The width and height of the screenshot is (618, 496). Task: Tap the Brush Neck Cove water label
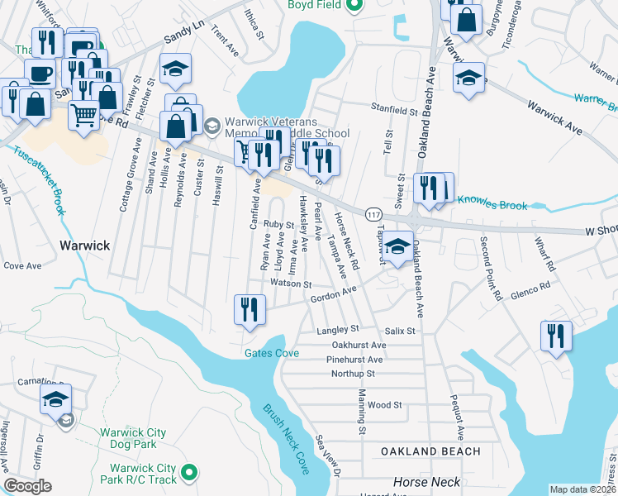[286, 439]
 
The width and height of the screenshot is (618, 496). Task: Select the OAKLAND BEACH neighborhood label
[430, 451]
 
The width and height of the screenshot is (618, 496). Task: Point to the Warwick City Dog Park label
[133, 438]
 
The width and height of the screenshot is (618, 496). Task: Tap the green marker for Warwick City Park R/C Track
[189, 473]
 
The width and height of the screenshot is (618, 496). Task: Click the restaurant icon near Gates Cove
[250, 309]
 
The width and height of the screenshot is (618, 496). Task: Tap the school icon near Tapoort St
[397, 247]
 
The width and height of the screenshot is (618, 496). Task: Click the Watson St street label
[289, 284]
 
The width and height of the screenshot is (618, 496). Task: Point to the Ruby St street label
[278, 224]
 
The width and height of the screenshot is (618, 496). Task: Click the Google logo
[28, 486]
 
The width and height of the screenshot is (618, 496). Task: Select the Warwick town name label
[84, 246]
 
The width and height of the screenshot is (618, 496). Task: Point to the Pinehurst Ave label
[354, 360]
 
